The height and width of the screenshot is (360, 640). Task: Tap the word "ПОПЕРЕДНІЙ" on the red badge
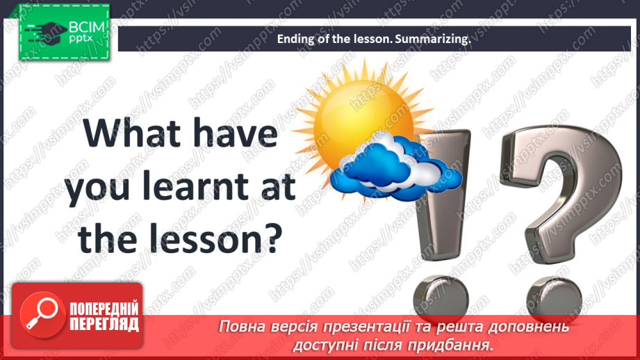(104, 309)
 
